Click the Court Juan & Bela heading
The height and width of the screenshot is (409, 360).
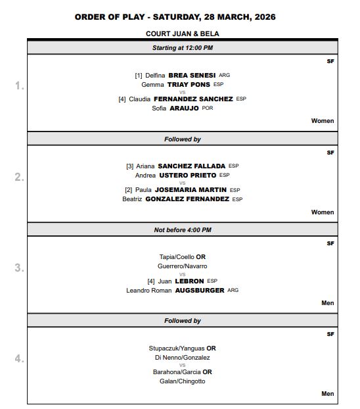click(183, 33)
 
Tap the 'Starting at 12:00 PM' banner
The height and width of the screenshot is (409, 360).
click(183, 48)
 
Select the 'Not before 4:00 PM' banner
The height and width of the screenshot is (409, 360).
click(183, 229)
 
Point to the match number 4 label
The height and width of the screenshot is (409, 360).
click(20, 359)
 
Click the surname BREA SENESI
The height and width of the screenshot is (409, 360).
click(192, 76)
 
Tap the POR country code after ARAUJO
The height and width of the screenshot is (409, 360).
click(208, 108)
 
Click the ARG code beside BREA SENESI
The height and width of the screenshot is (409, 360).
click(225, 76)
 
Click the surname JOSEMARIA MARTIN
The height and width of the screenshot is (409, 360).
click(191, 190)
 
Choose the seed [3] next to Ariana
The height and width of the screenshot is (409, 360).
click(129, 166)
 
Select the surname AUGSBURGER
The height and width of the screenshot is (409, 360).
click(200, 290)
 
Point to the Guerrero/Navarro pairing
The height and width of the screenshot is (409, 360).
click(183, 266)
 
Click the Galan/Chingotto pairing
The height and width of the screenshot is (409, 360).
click(183, 381)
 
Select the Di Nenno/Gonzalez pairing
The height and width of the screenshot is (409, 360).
click(183, 358)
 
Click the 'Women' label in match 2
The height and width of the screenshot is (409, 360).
click(323, 212)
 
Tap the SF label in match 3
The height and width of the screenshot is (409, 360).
click(330, 243)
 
